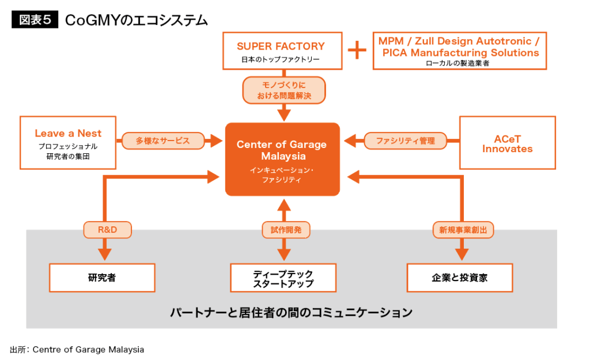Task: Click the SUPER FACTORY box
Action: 281,51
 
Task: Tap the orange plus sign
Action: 357,51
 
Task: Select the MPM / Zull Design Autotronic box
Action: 459,51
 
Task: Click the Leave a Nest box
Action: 68,142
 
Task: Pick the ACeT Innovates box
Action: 507,143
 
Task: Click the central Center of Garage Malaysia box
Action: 282,159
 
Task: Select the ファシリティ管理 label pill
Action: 405,141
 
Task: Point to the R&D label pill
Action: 108,230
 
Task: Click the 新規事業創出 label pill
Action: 463,230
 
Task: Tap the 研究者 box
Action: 102,278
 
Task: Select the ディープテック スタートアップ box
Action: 282,278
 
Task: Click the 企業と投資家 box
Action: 460,278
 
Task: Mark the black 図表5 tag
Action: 35,20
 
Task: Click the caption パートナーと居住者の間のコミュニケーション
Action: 291,313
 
